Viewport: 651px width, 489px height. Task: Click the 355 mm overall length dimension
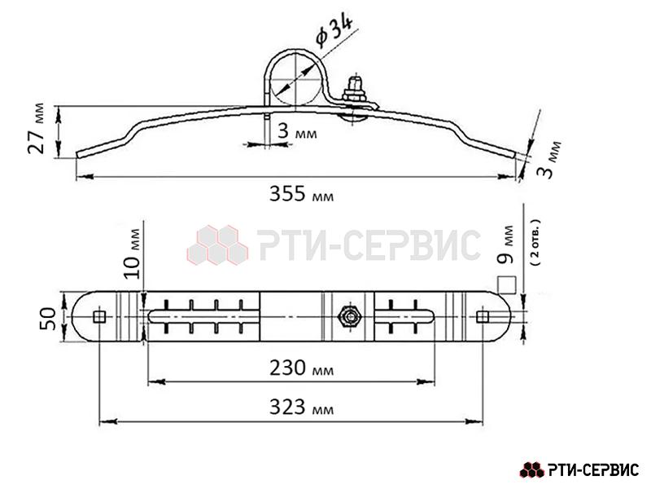coord(301,193)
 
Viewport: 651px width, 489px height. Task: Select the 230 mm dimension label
coord(301,368)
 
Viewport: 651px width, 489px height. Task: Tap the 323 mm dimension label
coord(301,407)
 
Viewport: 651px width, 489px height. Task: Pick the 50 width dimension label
coord(48,319)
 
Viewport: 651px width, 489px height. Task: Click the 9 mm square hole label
coord(506,245)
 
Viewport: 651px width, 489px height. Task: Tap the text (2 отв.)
coord(535,243)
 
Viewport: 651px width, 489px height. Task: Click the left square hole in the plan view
coord(99,317)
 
